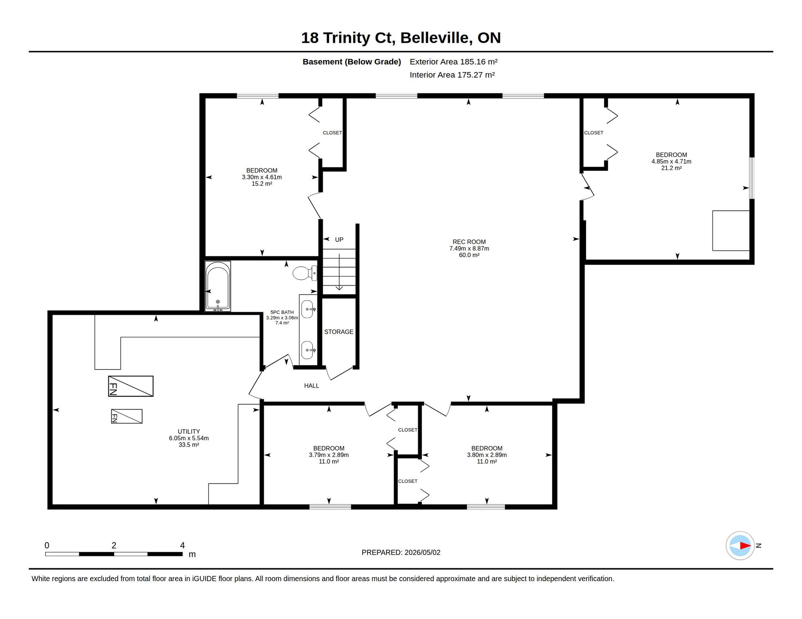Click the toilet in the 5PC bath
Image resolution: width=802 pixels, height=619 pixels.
click(x=305, y=273)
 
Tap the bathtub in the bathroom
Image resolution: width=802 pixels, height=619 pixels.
click(x=218, y=286)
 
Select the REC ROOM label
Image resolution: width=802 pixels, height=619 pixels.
click(x=469, y=242)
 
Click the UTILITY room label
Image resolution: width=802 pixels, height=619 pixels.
click(x=189, y=432)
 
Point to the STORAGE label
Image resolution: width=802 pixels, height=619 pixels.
click(x=339, y=332)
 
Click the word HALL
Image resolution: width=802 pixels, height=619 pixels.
click(x=311, y=386)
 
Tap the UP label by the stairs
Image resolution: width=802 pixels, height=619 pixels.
click(x=339, y=240)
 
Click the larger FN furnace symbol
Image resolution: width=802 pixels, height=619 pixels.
click(x=131, y=386)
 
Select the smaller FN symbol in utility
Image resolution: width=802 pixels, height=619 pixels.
click(x=127, y=416)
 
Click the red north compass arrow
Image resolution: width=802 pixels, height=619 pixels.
click(x=745, y=546)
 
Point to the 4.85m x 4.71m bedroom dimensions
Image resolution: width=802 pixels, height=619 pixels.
click(x=671, y=162)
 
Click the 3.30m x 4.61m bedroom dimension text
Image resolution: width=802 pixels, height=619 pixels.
click(x=262, y=177)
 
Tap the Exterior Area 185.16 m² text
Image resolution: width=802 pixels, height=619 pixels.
click(x=454, y=62)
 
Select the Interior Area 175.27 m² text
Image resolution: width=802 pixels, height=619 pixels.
click(x=452, y=75)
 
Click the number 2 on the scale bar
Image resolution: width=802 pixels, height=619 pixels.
click(x=114, y=545)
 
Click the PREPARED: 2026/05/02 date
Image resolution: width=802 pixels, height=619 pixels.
click(x=401, y=553)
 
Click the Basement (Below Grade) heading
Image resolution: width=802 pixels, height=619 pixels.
click(x=352, y=62)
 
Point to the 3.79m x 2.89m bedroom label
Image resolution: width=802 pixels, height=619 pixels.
click(x=329, y=455)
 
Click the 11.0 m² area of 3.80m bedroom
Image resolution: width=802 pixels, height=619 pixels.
click(x=487, y=461)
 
